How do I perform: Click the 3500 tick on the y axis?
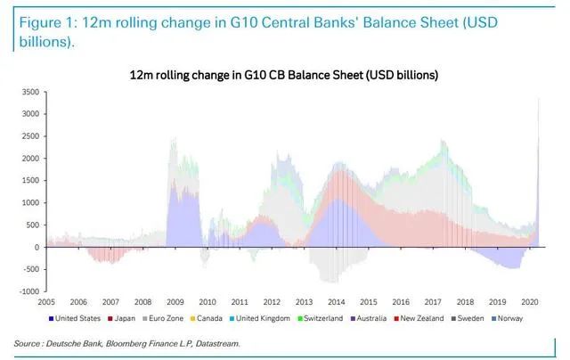pyautogui.click(x=30, y=92)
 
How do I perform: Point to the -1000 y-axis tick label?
pyautogui.click(x=28, y=291)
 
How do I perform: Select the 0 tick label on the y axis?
pyautogui.click(x=37, y=247)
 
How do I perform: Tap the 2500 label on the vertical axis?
pyautogui.click(x=30, y=136)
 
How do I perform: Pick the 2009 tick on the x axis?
pyautogui.click(x=175, y=302)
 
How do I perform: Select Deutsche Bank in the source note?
pyautogui.click(x=75, y=342)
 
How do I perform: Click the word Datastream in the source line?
pyautogui.click(x=214, y=342)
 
